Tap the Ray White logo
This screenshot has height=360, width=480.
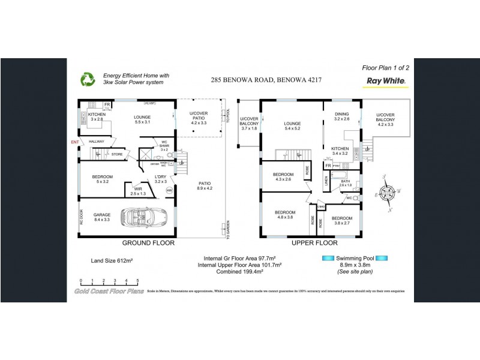coord(384,80)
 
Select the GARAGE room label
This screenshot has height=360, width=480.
coord(102,215)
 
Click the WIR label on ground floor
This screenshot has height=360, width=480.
coord(137,188)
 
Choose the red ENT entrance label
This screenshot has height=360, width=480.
coord(75,142)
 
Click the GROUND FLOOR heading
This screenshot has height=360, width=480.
coord(148,244)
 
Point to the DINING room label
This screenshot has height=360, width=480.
coord(341,114)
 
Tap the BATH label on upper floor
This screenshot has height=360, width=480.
coord(345,181)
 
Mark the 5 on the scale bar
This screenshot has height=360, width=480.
coord(138,281)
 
